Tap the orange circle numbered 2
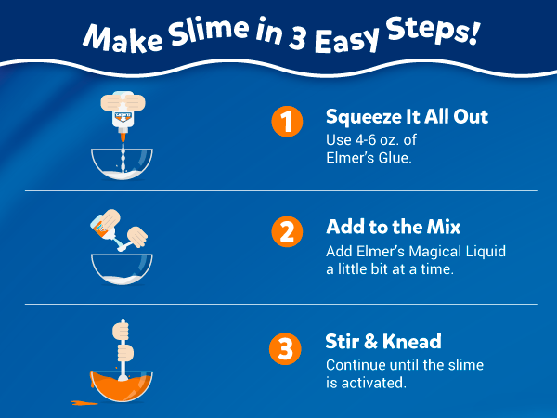[287, 233]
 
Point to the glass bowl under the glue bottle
[123, 164]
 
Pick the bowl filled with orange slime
[123, 383]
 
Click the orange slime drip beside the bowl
[81, 402]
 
